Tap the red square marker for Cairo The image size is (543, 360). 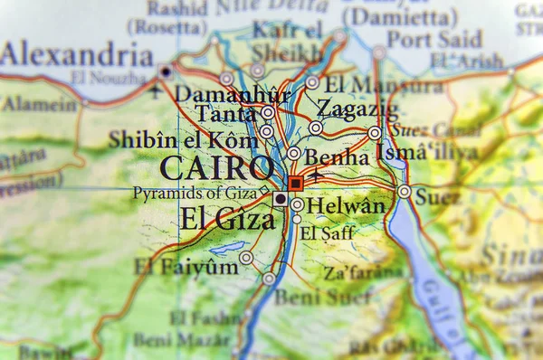point(295,183)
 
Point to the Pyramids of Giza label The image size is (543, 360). point(195,193)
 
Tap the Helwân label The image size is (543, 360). point(346,206)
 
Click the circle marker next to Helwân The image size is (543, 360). point(298,204)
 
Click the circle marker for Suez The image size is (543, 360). point(404,192)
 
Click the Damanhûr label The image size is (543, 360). point(233,94)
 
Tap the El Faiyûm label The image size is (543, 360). point(186,266)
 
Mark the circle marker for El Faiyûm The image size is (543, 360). point(246,258)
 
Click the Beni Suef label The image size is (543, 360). point(310,296)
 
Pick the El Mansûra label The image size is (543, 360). point(384,86)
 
